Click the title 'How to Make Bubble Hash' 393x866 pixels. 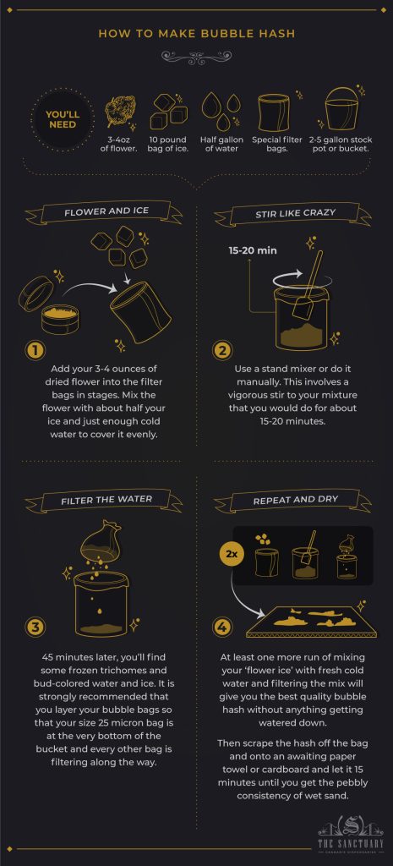pos(196,34)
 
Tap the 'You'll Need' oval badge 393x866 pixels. pos(62,118)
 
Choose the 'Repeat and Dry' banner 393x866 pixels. pos(296,500)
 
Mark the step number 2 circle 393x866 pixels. pos(222,350)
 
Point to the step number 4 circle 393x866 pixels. pos(222,627)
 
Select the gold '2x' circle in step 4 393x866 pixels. pos(231,554)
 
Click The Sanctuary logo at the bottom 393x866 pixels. pos(350,833)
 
